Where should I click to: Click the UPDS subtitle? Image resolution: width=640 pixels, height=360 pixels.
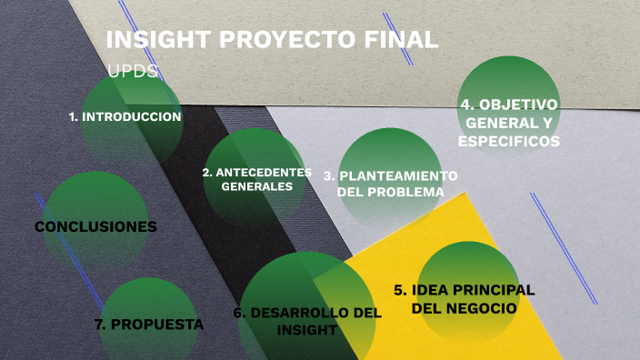133,71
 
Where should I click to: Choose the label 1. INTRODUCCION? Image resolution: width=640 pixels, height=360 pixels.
125,117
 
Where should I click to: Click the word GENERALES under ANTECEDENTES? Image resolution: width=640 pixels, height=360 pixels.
257,186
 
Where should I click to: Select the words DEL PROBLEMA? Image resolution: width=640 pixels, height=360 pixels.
391,192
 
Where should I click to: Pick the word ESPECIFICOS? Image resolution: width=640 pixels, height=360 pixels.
509,142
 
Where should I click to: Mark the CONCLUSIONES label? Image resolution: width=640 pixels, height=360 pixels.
95,226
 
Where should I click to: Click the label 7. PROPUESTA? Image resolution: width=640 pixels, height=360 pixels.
149,324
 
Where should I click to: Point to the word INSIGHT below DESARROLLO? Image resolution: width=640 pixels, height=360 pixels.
307,330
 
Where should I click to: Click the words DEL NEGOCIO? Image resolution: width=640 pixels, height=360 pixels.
465,308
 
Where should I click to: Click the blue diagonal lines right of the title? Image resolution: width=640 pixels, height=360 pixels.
398,38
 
